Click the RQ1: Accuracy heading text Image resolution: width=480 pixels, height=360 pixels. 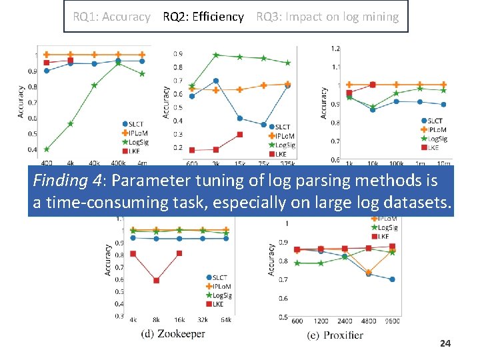click(x=111, y=17)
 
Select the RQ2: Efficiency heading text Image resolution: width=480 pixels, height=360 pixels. click(x=203, y=17)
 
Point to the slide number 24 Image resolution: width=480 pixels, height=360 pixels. click(x=445, y=343)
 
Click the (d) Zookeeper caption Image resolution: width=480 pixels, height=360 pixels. click(x=173, y=333)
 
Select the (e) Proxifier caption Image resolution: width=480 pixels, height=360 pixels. click(x=335, y=335)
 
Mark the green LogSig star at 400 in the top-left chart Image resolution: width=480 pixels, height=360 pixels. click(x=47, y=149)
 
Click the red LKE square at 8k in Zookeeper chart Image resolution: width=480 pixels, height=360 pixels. click(x=157, y=281)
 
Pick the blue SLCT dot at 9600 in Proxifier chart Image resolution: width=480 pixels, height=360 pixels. click(x=392, y=279)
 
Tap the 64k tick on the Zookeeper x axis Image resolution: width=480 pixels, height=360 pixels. click(x=226, y=320)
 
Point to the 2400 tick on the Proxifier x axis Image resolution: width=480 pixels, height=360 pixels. click(x=345, y=321)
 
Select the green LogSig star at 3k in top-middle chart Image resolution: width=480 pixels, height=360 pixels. click(x=216, y=55)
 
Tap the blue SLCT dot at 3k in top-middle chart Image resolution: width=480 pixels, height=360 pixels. click(x=216, y=81)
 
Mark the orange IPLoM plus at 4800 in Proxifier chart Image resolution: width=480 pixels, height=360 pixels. click(x=369, y=272)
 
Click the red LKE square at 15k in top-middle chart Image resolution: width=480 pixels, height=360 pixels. click(x=240, y=134)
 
